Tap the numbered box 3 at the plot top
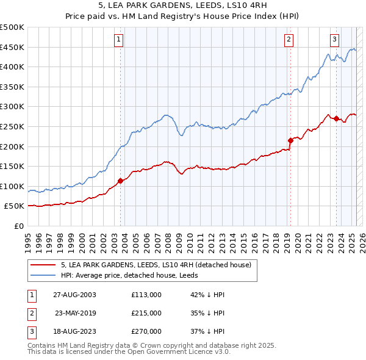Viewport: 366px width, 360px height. pos(334,40)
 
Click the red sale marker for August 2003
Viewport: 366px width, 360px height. pos(121,181)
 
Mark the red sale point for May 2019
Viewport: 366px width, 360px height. pos(290,140)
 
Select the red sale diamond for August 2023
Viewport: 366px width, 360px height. pos(337,118)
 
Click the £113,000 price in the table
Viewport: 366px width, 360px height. pos(146,295)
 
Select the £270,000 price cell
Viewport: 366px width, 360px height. pos(146,331)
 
